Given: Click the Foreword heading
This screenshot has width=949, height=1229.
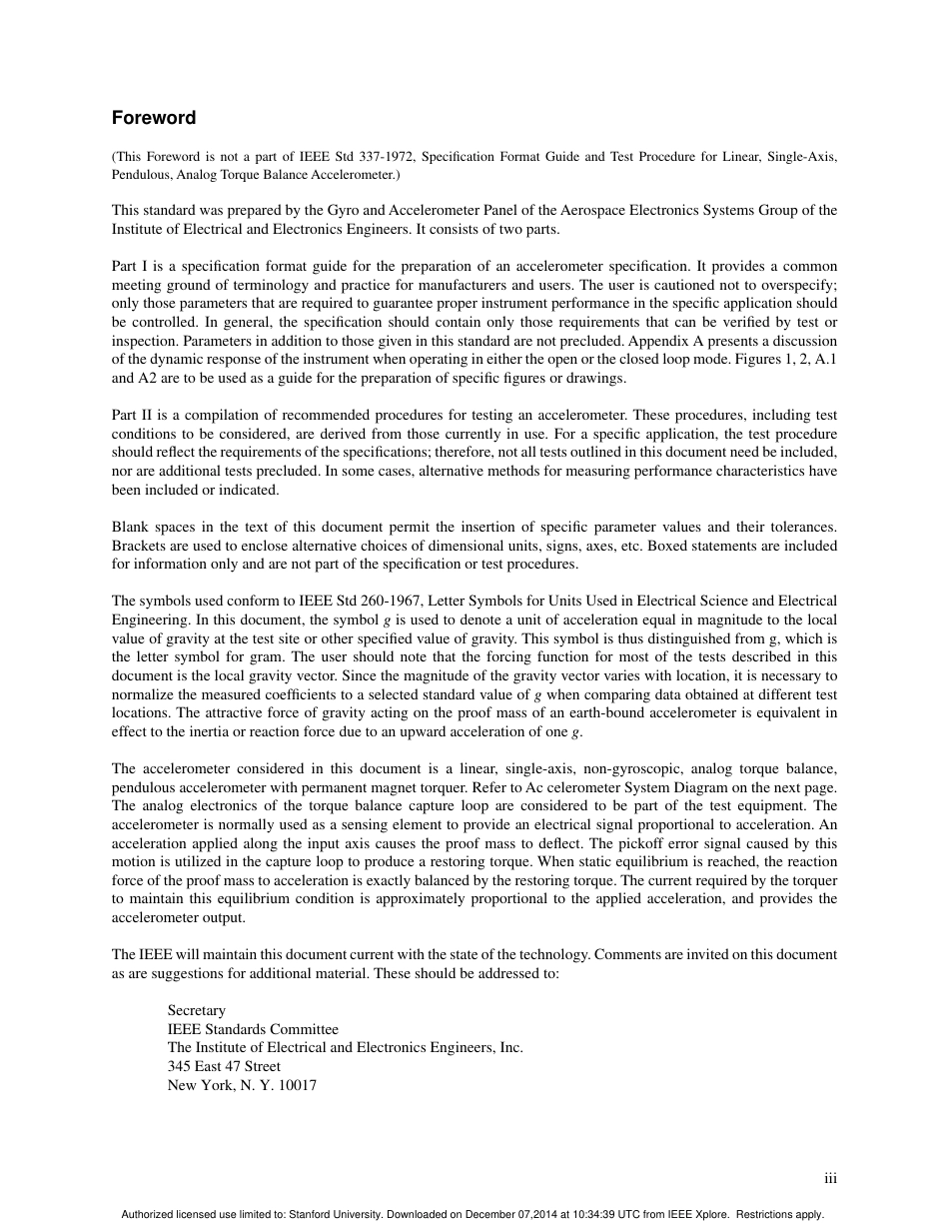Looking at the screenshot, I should pyautogui.click(x=154, y=118).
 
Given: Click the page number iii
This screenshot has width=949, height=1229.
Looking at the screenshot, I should pyautogui.click(x=830, y=1179).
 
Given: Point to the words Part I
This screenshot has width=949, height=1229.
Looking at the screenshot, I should pyautogui.click(x=130, y=266).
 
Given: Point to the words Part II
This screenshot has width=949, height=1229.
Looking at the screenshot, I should pyautogui.click(x=132, y=415).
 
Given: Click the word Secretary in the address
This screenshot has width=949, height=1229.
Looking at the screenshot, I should pyautogui.click(x=197, y=1010).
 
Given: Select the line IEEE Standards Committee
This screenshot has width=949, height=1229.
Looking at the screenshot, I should pyautogui.click(x=253, y=1029).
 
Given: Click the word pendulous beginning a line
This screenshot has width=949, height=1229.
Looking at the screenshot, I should pyautogui.click(x=142, y=787).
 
